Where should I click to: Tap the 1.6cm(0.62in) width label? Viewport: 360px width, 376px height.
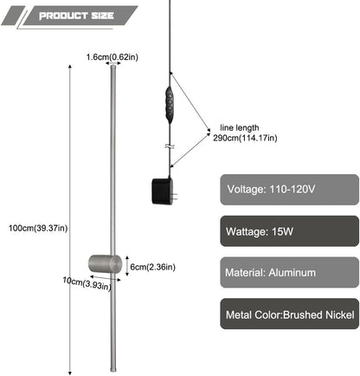tap(112, 57)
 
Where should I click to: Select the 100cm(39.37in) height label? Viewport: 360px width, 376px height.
tap(38, 228)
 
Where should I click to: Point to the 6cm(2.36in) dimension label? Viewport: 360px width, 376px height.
tap(152, 267)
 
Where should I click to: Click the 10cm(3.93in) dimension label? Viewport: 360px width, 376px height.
tap(87, 283)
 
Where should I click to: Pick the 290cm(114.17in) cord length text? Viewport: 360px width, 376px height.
tap(245, 138)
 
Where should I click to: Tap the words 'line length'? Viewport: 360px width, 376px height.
tap(240, 127)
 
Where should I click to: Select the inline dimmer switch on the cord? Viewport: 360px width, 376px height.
tap(170, 105)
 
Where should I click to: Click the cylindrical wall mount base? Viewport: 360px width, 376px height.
tap(105, 264)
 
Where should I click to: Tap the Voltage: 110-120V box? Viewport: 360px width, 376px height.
tap(289, 190)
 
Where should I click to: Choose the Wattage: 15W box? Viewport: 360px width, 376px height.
tap(289, 231)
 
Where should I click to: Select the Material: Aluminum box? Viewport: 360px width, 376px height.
tap(289, 272)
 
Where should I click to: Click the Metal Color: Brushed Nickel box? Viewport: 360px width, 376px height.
tap(289, 314)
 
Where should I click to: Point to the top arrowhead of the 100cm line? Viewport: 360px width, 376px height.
tap(70, 67)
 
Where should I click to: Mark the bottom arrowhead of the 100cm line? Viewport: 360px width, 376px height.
tap(70, 373)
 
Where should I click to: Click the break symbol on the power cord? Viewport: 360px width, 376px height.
tap(169, 146)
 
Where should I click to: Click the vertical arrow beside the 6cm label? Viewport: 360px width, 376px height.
tap(127, 266)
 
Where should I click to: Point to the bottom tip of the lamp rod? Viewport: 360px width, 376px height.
tap(113, 371)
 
